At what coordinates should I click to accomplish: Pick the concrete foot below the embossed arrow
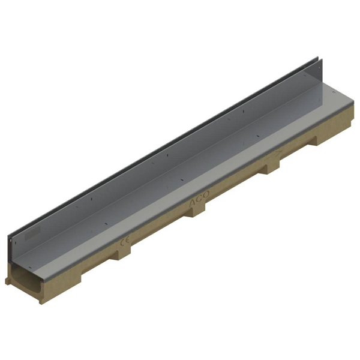point(271,169)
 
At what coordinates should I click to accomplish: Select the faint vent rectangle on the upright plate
point(29,230)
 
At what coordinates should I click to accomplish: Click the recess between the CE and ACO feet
point(159,231)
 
